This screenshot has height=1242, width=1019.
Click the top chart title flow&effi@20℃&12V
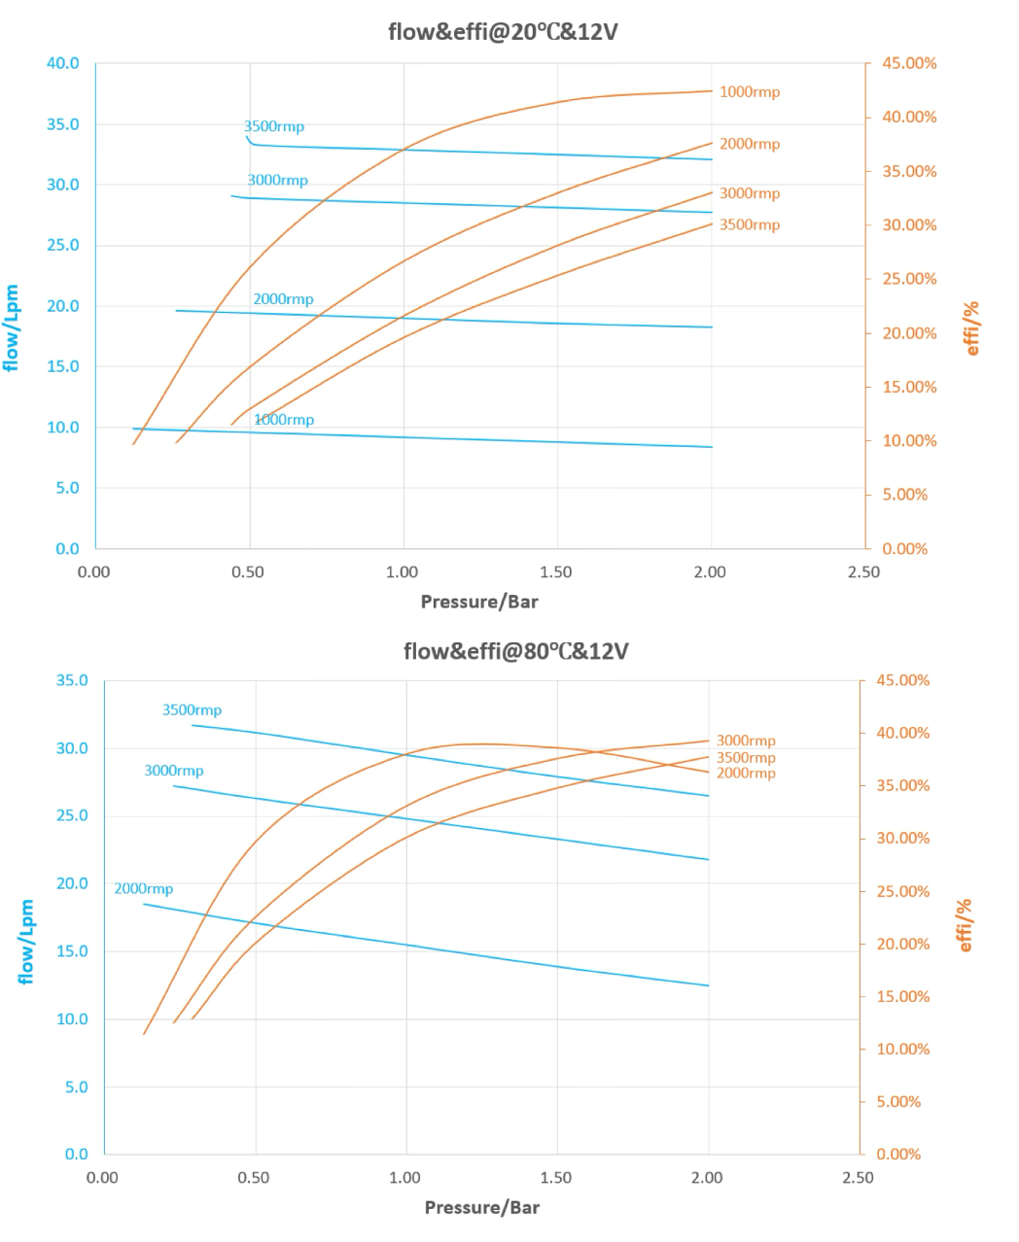pyautogui.click(x=503, y=32)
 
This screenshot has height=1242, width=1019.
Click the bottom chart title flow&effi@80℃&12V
pyautogui.click(x=516, y=651)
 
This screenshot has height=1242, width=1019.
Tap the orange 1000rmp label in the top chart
pyautogui.click(x=750, y=92)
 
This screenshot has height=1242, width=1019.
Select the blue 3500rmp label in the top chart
pyautogui.click(x=274, y=126)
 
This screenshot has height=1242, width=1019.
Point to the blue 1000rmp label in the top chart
pyautogui.click(x=284, y=420)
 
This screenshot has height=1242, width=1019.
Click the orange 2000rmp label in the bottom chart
pyautogui.click(x=746, y=774)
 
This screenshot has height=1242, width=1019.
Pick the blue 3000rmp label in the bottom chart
pyautogui.click(x=174, y=771)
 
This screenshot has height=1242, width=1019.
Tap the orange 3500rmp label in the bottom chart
pyautogui.click(x=746, y=758)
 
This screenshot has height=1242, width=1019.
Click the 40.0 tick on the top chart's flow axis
pyautogui.click(x=63, y=64)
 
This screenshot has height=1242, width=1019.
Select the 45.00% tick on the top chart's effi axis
pyautogui.click(x=909, y=64)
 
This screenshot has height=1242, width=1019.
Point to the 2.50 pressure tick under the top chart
pyautogui.click(x=863, y=572)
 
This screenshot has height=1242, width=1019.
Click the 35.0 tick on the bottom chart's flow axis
pyautogui.click(x=71, y=680)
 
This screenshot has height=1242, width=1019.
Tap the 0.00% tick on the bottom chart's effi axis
pyautogui.click(x=898, y=1155)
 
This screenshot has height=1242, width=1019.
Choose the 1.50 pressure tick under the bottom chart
pyautogui.click(x=556, y=1178)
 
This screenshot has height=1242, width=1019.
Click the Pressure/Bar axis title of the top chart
pyautogui.click(x=479, y=602)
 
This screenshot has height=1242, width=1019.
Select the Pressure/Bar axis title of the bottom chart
pyautogui.click(x=481, y=1208)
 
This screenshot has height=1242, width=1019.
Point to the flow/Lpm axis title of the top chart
pyautogui.click(x=12, y=328)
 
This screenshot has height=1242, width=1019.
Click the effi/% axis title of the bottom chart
pyautogui.click(x=965, y=924)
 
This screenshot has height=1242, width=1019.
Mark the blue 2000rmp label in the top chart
pyautogui.click(x=283, y=299)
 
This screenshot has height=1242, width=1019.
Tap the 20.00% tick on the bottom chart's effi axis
pyautogui.click(x=903, y=944)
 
